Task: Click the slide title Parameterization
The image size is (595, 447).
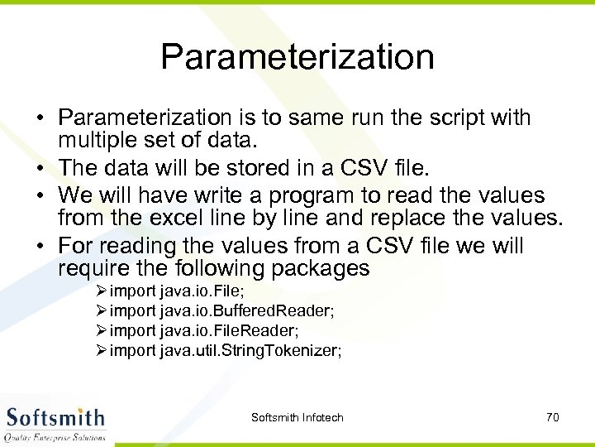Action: pos(297,57)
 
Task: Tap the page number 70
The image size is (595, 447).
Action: pos(553,417)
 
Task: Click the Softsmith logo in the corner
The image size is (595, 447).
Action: pos(55,421)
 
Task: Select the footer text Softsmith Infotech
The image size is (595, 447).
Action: pos(297,417)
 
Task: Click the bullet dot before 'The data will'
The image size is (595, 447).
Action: pos(40,169)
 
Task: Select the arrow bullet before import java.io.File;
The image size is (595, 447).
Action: pos(102,291)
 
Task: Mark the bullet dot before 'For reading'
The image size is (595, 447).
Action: pos(40,247)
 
